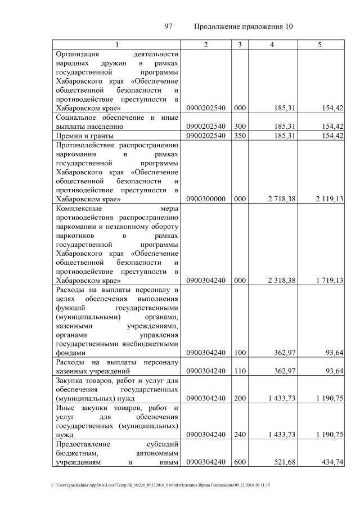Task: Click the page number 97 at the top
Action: click(x=167, y=26)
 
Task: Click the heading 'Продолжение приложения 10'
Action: click(x=243, y=26)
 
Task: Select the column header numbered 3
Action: click(x=240, y=44)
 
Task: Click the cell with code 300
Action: click(x=240, y=127)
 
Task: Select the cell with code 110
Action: click(x=240, y=371)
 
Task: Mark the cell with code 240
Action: click(x=240, y=435)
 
